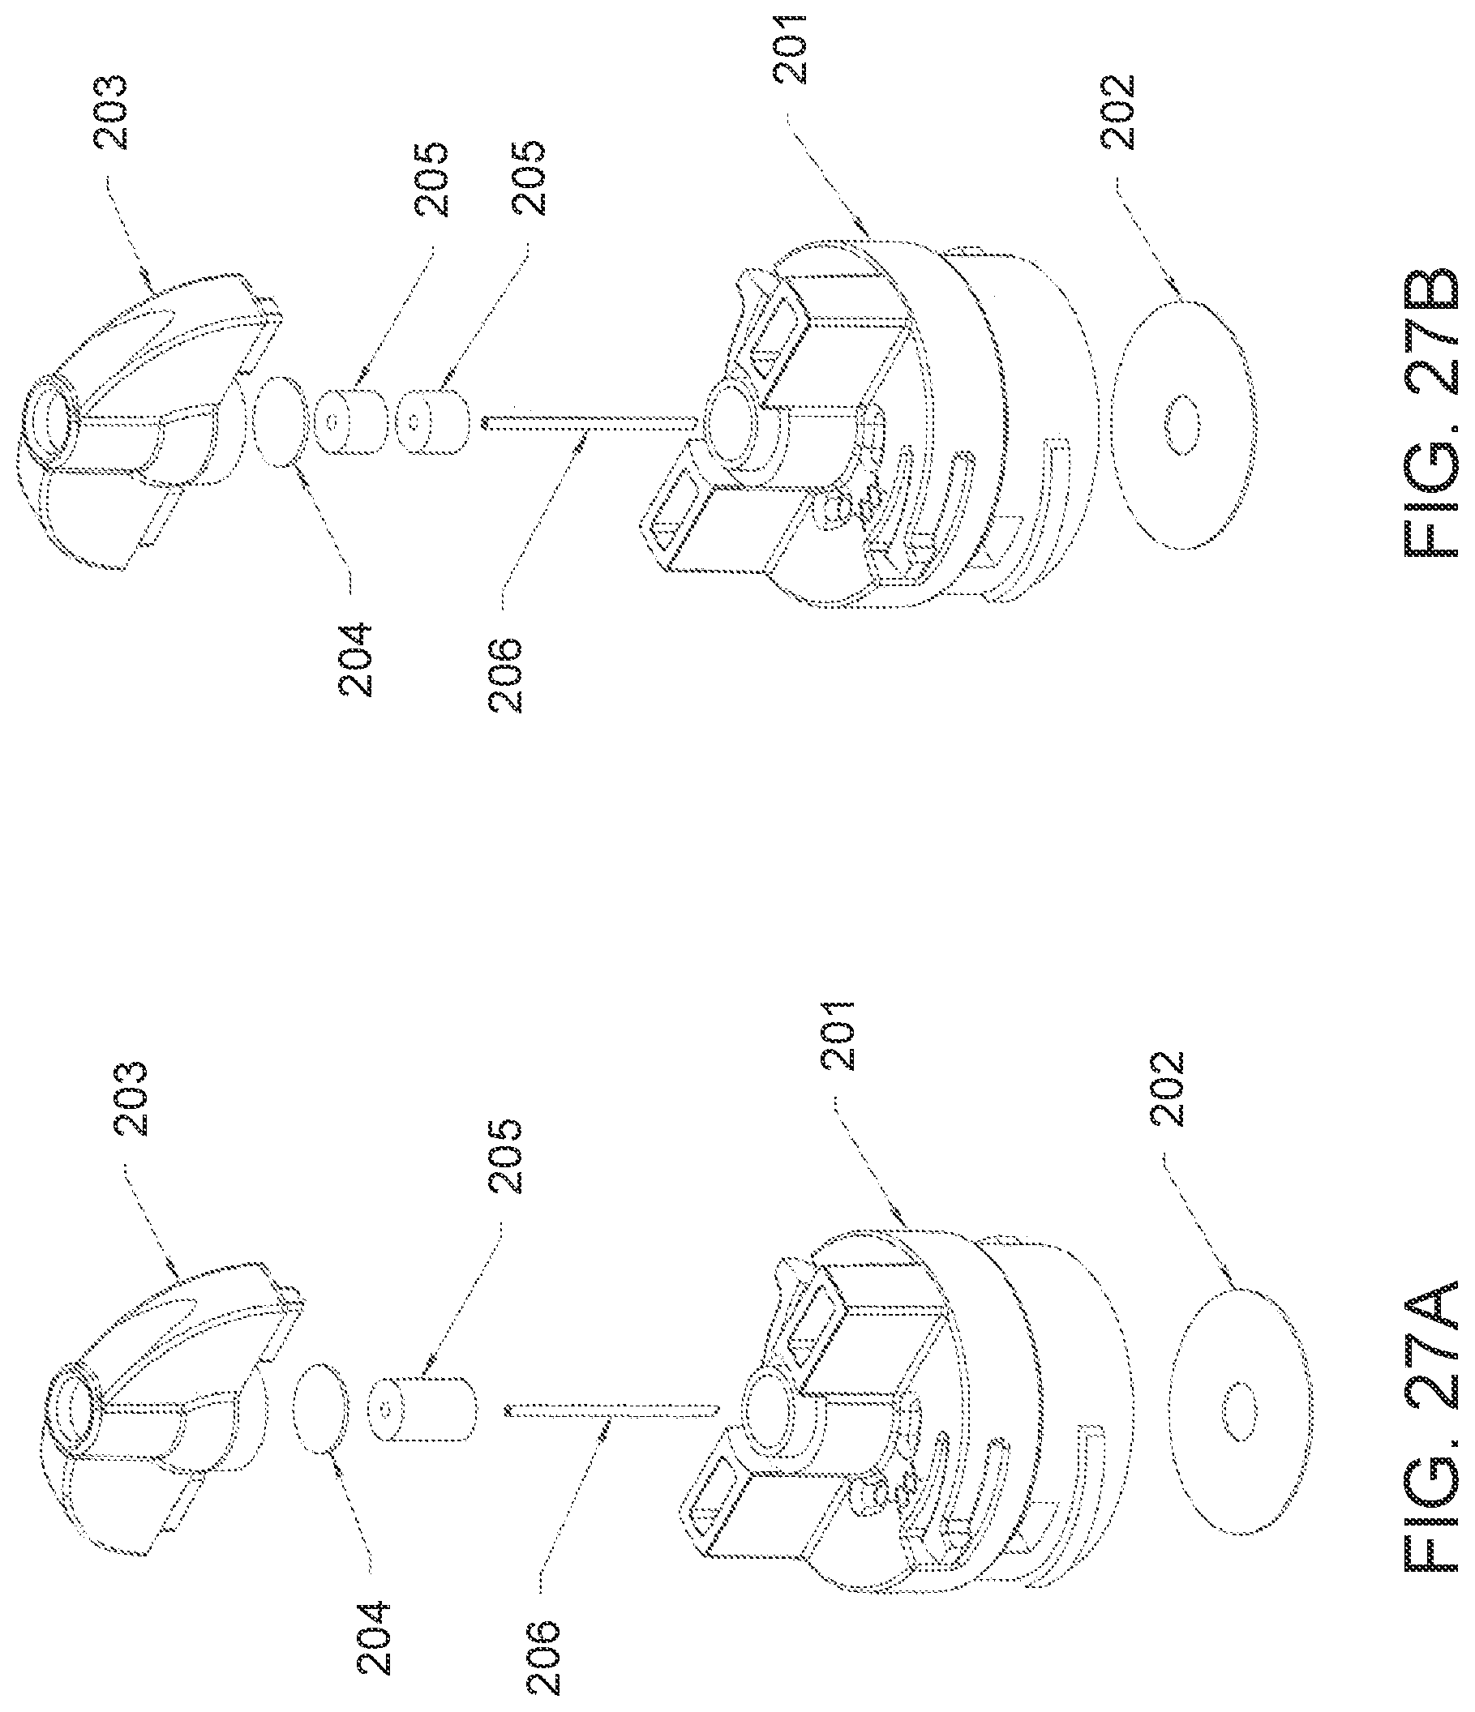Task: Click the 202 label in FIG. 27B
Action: tap(1120, 112)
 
